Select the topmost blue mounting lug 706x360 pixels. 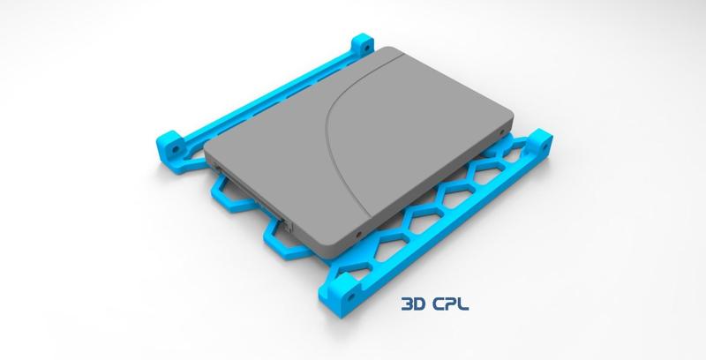363,44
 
